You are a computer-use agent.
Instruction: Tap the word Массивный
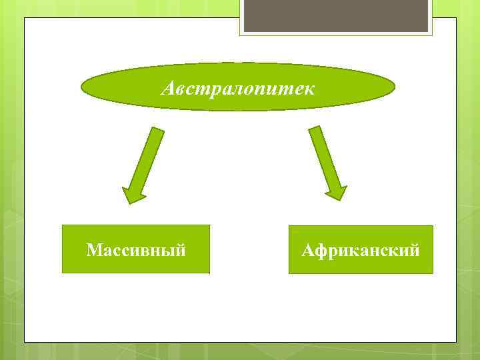click(x=136, y=251)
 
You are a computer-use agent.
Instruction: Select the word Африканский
click(x=361, y=251)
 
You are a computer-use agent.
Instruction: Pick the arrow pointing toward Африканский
click(x=327, y=162)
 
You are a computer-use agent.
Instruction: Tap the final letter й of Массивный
click(x=180, y=250)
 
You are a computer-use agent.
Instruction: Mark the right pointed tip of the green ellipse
click(x=395, y=87)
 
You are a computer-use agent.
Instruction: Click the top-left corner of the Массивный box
click(x=63, y=226)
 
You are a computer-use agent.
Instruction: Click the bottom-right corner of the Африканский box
click(x=432, y=273)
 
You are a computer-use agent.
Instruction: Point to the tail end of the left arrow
click(x=157, y=129)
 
